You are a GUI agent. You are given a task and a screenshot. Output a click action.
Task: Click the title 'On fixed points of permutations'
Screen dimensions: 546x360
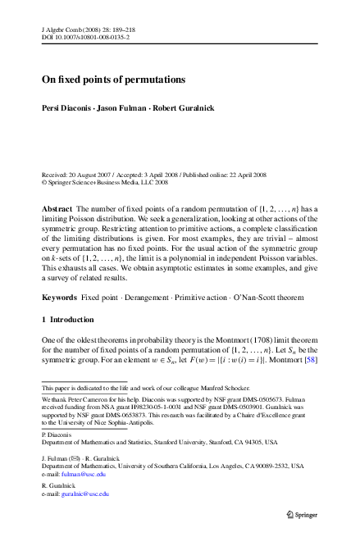pyautogui.click(x=114, y=80)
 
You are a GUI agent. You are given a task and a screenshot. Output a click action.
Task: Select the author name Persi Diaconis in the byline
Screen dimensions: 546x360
pyautogui.click(x=68, y=108)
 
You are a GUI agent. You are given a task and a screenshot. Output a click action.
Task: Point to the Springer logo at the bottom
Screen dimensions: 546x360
pyautogui.click(x=298, y=515)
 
